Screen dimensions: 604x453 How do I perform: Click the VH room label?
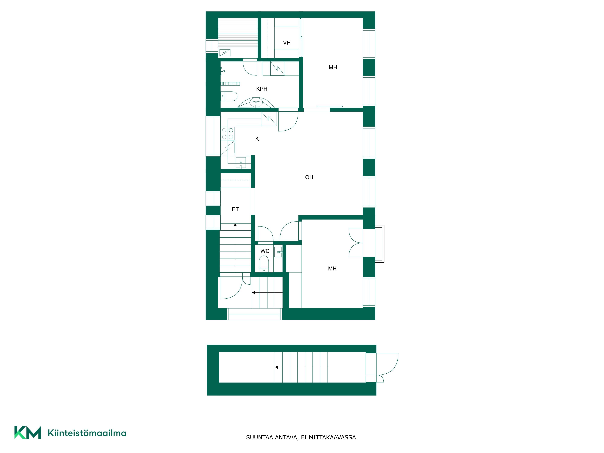coord(287,43)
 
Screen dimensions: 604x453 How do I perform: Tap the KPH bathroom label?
coord(262,89)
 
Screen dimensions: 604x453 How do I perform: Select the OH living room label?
coord(309,177)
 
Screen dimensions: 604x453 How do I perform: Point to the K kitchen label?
coord(257,139)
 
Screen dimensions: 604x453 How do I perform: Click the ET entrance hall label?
coord(235,209)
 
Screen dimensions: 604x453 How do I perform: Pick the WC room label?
coord(265,251)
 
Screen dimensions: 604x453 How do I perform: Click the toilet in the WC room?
coord(264,264)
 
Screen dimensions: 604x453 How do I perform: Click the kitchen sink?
coord(241,163)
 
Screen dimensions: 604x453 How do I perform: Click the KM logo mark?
coord(28,432)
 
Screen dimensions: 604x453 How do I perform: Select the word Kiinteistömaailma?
coord(87,433)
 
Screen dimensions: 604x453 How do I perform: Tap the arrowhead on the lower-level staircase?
coord(276,367)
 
